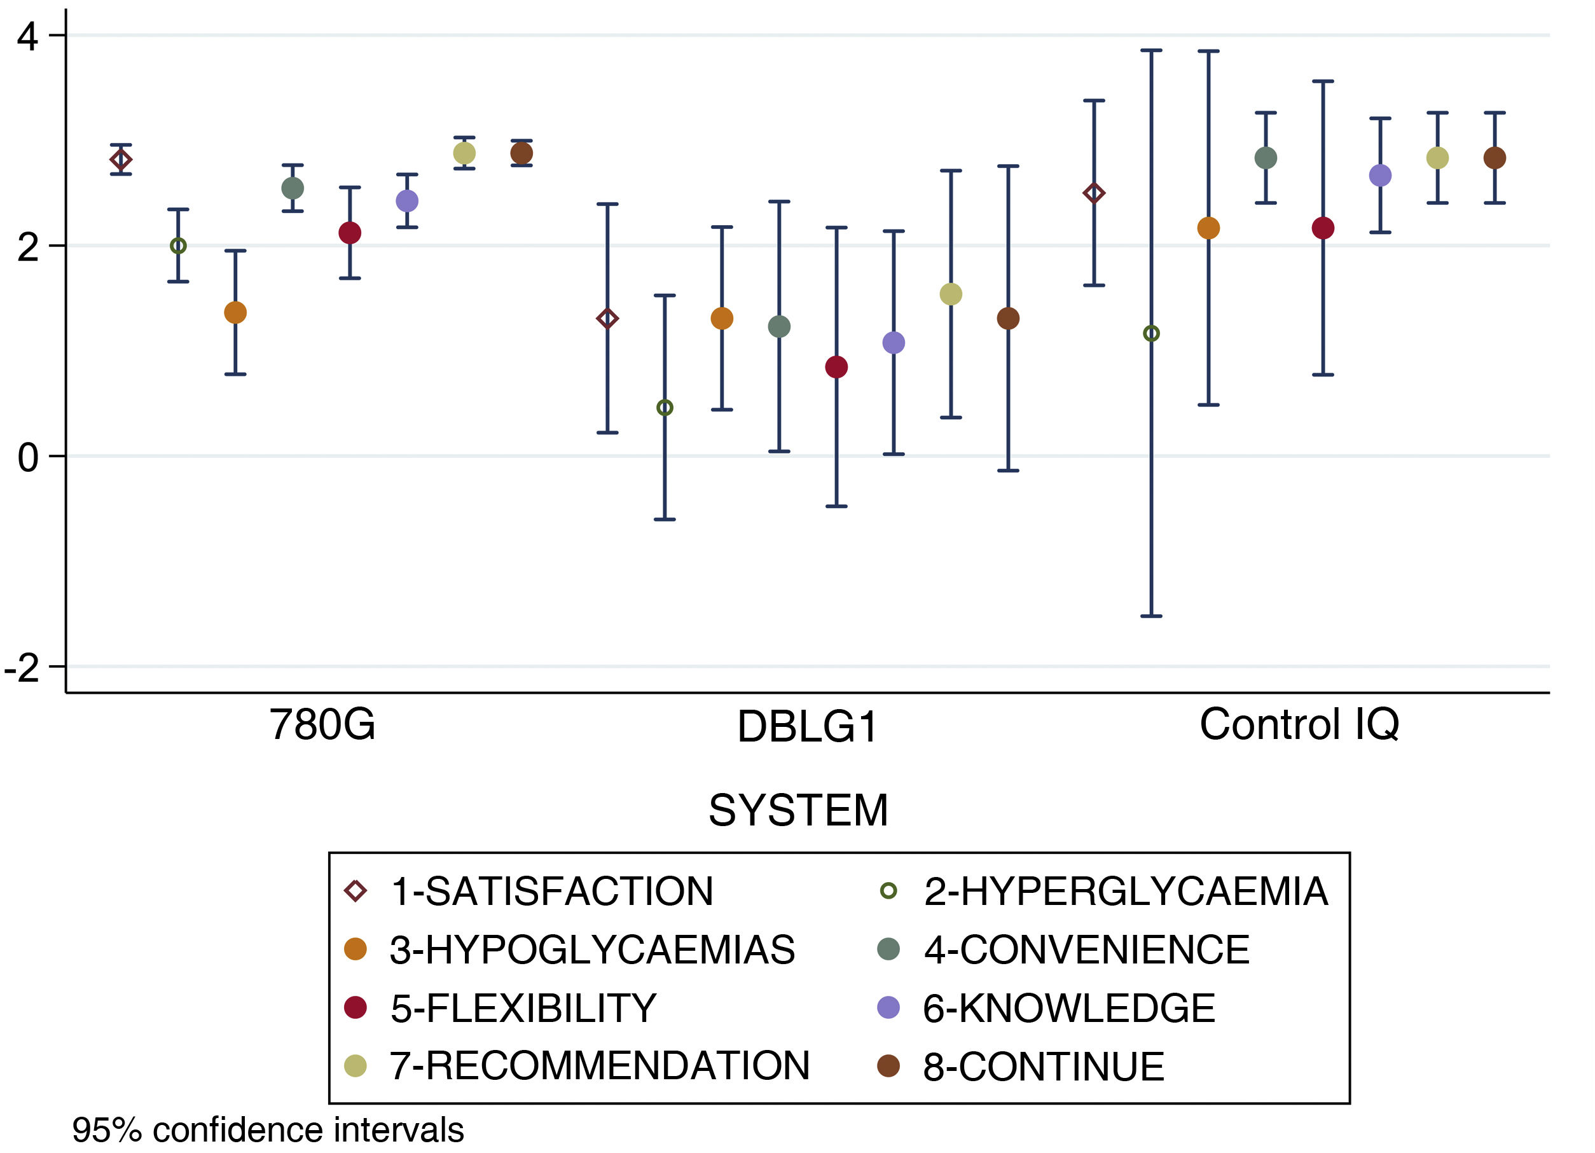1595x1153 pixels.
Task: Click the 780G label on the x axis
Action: (x=322, y=725)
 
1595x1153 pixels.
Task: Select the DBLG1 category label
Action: (x=807, y=727)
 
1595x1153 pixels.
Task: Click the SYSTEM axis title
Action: (x=798, y=811)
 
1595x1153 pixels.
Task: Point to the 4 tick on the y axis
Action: (x=27, y=36)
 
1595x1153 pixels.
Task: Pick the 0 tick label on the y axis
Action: (x=27, y=458)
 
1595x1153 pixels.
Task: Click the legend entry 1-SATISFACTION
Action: (x=551, y=892)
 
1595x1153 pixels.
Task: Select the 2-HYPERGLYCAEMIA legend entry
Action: (x=1125, y=892)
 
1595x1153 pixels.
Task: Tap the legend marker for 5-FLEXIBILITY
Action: (x=356, y=1007)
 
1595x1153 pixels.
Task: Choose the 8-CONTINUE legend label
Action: (x=1044, y=1067)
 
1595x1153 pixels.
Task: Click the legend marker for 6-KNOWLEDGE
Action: (x=889, y=1007)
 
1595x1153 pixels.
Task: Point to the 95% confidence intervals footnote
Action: (x=268, y=1131)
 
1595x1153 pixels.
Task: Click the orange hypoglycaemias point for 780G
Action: (x=235, y=313)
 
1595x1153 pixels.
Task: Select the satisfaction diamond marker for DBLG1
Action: (x=607, y=319)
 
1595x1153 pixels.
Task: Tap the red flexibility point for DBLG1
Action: (x=836, y=367)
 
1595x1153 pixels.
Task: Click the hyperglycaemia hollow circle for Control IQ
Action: (x=1151, y=333)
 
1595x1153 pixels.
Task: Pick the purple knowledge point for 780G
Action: (x=407, y=201)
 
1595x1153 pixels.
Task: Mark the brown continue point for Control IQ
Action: (x=1495, y=158)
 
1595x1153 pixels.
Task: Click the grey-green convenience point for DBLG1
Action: (x=779, y=326)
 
